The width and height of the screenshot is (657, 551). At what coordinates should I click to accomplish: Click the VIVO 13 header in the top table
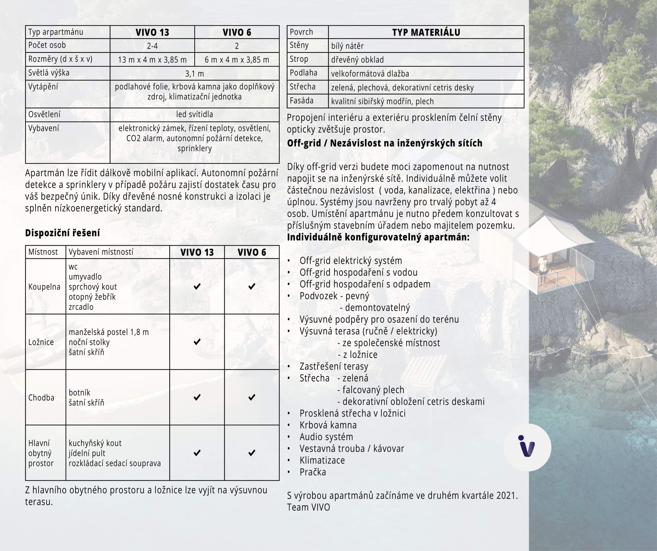pos(152,32)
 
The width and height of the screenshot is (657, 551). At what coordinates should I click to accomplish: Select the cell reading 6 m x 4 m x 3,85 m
pos(237,60)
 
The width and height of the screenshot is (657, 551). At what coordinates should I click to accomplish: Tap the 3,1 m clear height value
pos(194,74)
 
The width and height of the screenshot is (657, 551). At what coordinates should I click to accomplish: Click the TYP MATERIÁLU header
pos(426,32)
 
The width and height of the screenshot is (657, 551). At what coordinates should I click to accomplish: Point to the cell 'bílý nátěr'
pos(347,46)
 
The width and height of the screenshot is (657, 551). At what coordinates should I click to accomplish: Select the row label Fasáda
pos(302,101)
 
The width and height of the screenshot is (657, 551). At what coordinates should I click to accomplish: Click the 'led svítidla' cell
pos(194,114)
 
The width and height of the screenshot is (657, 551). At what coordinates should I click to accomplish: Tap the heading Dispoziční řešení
pos(63,233)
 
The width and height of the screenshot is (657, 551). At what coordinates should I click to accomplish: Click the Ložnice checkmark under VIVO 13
pos(197,342)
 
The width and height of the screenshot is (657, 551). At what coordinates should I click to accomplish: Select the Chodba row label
pos(41,397)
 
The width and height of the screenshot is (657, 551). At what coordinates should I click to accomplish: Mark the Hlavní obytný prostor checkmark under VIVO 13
pos(197,453)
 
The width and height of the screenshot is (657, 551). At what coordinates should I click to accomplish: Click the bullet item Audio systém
pos(326,437)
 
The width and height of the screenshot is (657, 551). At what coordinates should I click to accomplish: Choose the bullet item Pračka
pos(313,472)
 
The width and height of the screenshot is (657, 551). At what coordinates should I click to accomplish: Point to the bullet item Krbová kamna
pos(328,425)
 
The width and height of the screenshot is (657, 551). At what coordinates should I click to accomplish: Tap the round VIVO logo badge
pos(527,447)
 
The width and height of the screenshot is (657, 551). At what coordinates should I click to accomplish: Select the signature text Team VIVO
pos(309,507)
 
